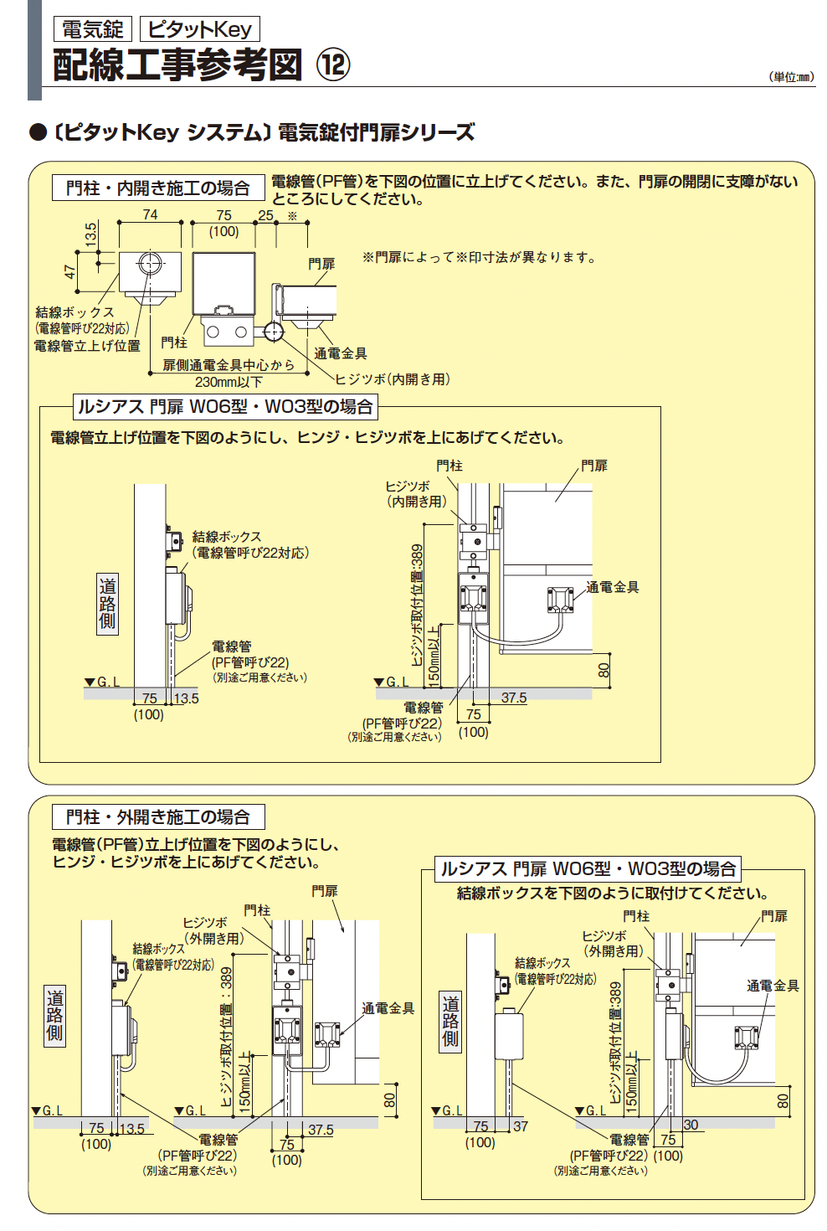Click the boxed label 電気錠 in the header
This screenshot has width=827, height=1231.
click(x=92, y=29)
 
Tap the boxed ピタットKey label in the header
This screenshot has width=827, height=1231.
click(x=199, y=29)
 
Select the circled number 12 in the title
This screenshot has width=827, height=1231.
click(x=332, y=64)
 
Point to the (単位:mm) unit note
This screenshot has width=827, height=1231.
click(x=790, y=77)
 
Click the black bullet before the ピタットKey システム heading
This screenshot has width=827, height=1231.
click(x=38, y=133)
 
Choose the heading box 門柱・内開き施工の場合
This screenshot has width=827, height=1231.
click(x=158, y=188)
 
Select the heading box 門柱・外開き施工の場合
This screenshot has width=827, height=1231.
click(x=158, y=816)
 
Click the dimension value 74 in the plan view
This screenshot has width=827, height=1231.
click(x=150, y=214)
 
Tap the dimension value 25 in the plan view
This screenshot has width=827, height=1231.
click(x=265, y=215)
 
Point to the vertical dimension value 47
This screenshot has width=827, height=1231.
click(x=70, y=271)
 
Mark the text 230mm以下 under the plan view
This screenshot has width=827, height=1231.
click(x=229, y=382)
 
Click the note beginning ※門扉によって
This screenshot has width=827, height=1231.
click(x=479, y=257)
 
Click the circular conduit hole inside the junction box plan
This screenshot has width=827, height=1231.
click(x=151, y=263)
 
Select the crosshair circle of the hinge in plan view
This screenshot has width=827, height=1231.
click(x=273, y=332)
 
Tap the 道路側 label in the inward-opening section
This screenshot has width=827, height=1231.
click(x=107, y=604)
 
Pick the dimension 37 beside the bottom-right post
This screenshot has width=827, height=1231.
click(x=521, y=1126)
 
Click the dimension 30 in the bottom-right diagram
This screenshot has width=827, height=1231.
click(x=691, y=1125)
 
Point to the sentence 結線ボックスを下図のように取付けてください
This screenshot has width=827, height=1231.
click(x=612, y=894)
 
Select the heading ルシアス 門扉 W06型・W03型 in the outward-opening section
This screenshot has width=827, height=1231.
click(x=588, y=868)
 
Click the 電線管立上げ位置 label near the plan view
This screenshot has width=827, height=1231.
click(x=87, y=346)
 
